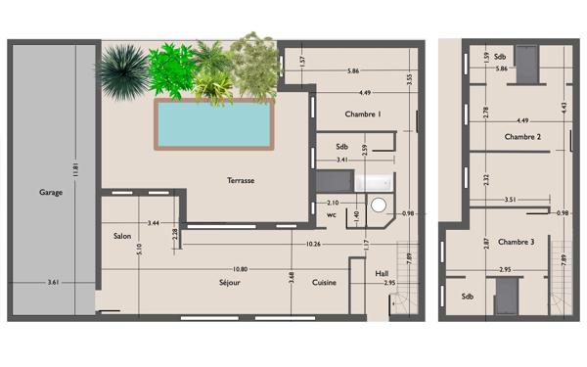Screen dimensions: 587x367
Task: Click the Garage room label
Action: (51, 193)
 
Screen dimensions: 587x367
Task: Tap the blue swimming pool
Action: (214, 124)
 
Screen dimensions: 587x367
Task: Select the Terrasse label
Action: (241, 180)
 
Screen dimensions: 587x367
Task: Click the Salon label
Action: (122, 236)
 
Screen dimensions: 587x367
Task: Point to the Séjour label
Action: (230, 283)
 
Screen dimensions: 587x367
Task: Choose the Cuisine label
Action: (324, 283)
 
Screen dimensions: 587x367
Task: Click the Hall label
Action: (382, 274)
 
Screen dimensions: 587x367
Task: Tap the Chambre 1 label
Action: (363, 115)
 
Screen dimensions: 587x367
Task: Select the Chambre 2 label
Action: (522, 137)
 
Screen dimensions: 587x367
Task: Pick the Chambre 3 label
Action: (516, 242)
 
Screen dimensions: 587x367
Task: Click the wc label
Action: (332, 215)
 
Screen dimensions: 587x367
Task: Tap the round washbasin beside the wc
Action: (379, 206)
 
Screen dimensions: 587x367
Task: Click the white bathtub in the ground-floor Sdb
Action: (375, 182)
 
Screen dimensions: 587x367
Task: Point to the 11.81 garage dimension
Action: (75, 169)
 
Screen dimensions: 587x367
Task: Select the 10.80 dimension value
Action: (240, 269)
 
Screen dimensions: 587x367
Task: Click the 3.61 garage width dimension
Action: (53, 283)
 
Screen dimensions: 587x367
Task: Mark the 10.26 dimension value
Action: (313, 244)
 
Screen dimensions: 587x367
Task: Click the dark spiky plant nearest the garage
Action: (124, 71)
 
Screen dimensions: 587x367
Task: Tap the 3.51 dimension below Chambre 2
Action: (511, 200)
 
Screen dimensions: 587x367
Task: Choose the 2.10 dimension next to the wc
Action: (333, 203)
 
